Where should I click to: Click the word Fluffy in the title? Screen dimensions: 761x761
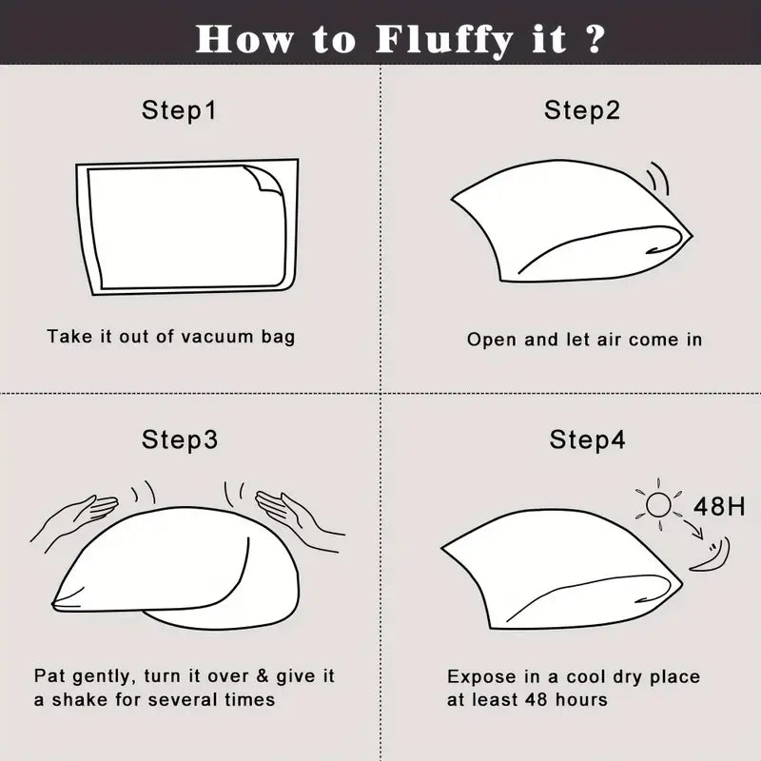tap(444, 40)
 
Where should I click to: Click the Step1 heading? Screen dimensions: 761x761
tap(179, 110)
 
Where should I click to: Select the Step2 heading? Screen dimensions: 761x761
tap(582, 110)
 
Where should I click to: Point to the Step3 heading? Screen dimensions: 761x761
tap(180, 439)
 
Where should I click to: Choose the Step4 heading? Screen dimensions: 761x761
tap(587, 439)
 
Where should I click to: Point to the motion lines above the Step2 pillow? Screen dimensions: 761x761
tap(660, 179)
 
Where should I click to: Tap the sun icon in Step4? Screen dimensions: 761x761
tap(658, 505)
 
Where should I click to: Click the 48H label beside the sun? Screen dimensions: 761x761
tap(719, 507)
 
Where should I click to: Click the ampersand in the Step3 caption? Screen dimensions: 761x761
tap(263, 676)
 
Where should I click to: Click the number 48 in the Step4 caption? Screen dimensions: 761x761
tap(537, 700)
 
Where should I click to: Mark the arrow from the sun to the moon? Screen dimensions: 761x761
tap(694, 529)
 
